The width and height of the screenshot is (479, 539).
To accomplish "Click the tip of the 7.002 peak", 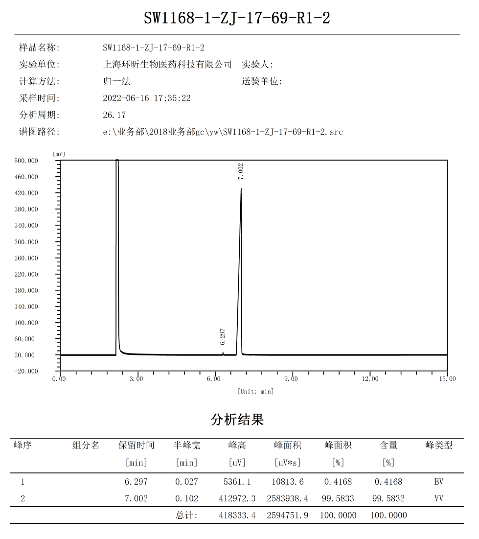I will tap(241, 188).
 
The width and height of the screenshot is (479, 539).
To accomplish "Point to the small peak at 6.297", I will tap(223, 352).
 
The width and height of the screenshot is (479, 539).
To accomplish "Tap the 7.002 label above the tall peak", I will tap(240, 171).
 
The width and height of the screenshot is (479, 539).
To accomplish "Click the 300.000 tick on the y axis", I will tap(25, 242).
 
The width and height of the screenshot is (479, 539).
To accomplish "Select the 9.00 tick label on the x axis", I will tap(291, 379).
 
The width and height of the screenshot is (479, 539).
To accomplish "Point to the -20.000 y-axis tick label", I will tap(25, 371).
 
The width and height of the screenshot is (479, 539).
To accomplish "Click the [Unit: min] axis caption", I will tap(255, 391).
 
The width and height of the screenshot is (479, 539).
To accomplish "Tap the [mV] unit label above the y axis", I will tap(59, 154).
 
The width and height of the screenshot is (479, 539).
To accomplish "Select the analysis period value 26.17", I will tap(114, 115).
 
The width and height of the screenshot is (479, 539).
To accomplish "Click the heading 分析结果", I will tap(237, 420).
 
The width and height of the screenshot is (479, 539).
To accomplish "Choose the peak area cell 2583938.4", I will tap(287, 499).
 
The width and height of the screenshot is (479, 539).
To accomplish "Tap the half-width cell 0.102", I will tap(186, 499).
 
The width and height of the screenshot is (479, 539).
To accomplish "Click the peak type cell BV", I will tap(438, 482).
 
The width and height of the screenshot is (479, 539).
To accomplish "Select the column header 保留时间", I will tap(136, 445).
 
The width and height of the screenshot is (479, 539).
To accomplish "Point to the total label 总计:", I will tap(186, 516).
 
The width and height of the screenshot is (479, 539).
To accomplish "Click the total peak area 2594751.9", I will tap(287, 516).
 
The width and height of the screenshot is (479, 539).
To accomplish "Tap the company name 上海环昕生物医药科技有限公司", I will tap(167, 65).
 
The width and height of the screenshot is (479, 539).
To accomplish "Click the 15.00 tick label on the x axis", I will tap(448, 379).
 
